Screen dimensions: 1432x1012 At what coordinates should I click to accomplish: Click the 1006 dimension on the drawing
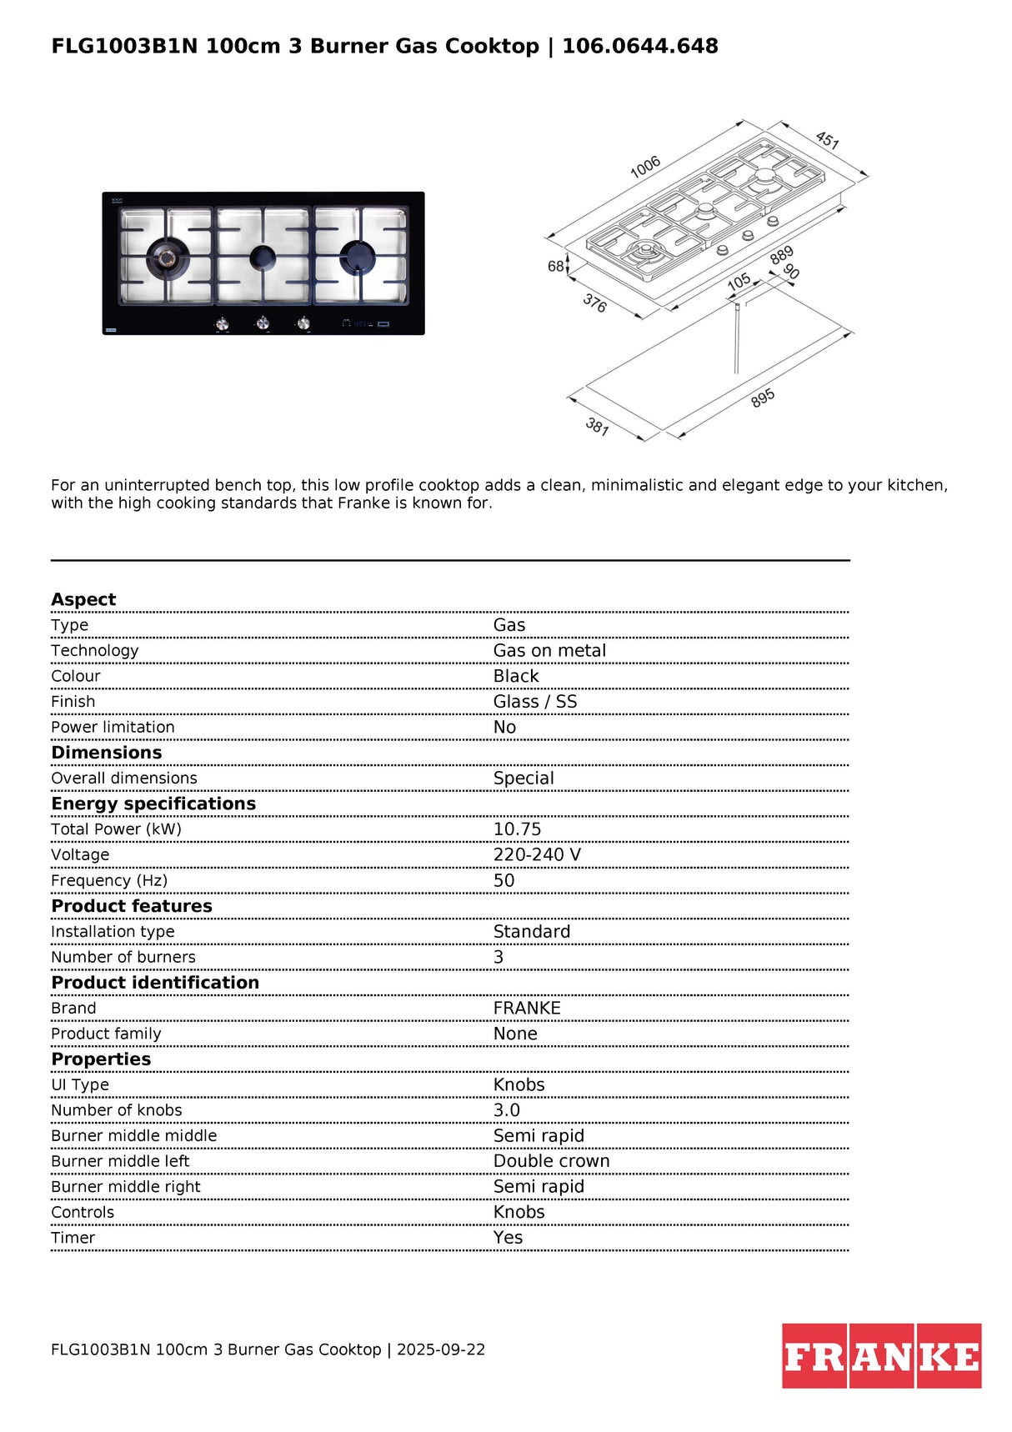coord(645,167)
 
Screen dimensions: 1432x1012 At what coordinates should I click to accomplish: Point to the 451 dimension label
coord(827,139)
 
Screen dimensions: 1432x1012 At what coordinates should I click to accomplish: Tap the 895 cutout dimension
coord(763,398)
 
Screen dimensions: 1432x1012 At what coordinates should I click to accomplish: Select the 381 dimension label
coord(597,427)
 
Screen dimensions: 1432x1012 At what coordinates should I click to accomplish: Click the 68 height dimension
coord(556,266)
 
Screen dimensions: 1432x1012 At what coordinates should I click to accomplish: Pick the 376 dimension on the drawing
coord(594,303)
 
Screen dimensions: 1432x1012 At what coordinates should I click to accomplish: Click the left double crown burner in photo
coord(168,257)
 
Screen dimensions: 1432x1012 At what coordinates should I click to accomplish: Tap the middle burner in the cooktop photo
coord(263,258)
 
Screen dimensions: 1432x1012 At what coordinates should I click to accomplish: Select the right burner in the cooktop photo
coord(359,257)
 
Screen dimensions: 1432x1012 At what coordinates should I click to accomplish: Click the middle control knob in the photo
coord(263,323)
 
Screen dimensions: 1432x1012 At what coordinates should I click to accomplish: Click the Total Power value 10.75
coord(517,829)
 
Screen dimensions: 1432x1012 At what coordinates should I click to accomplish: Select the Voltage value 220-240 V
coord(537,855)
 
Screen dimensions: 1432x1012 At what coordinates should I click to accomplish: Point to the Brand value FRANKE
coord(527,1009)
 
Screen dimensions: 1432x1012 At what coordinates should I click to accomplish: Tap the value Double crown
coord(551,1161)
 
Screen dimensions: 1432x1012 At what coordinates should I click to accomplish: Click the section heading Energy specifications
coord(153,804)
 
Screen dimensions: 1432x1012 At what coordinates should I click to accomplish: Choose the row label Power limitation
coord(113,727)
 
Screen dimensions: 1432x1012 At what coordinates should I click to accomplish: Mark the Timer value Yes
coord(508,1238)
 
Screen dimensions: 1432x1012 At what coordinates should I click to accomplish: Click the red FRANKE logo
coord(881,1355)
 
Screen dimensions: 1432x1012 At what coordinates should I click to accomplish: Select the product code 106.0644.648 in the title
coord(639,46)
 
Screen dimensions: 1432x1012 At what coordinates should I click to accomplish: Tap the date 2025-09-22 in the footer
coord(440,1349)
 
